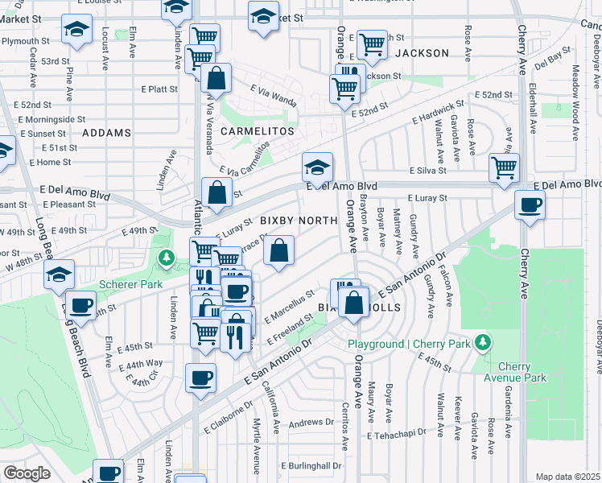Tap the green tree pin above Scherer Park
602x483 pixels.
(x=166, y=258)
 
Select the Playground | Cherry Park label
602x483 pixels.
(x=410, y=345)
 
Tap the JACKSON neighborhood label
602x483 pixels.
(x=421, y=53)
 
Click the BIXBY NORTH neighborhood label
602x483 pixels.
(x=297, y=221)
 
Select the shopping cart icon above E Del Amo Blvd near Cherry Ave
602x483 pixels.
(x=504, y=168)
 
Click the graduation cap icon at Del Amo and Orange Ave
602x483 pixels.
(x=317, y=168)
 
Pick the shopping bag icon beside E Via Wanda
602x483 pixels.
(x=216, y=80)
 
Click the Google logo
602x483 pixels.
(x=27, y=473)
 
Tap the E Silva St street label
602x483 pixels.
(x=427, y=171)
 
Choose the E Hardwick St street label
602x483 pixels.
(x=439, y=114)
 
